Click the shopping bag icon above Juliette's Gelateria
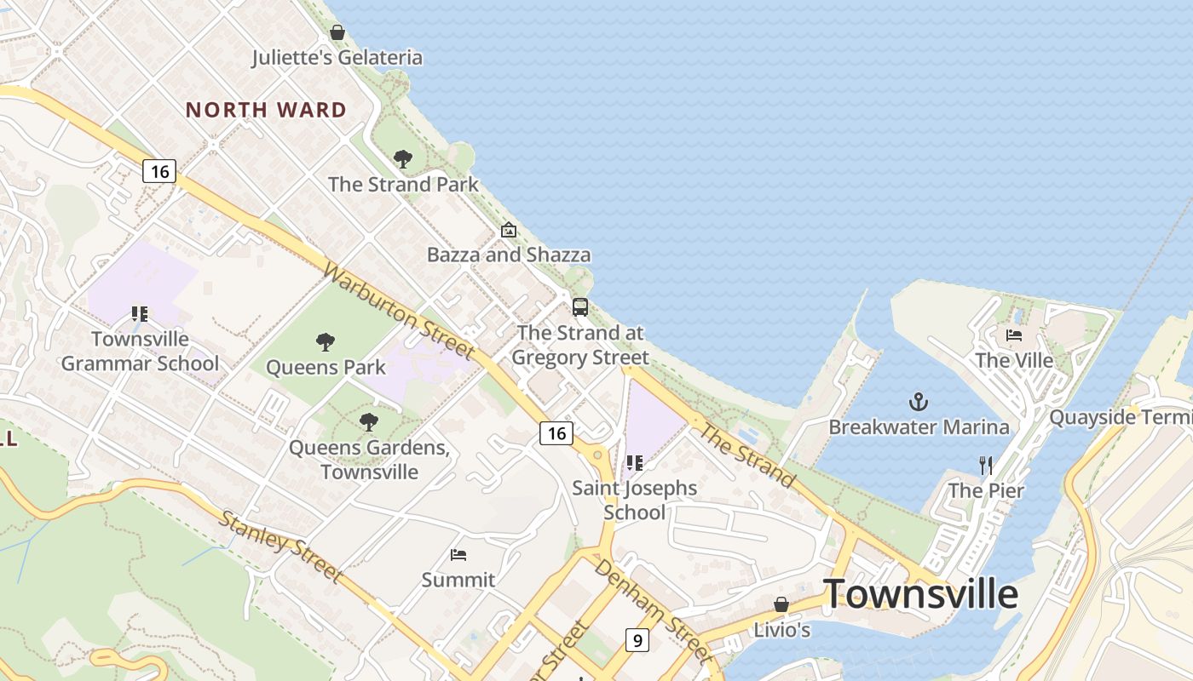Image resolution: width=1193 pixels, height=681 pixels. pos(337,33)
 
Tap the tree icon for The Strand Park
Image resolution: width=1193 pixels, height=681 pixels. pos(403,159)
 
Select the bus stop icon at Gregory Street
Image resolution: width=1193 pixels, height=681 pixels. pos(580,307)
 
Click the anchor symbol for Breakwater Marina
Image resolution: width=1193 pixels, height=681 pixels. pos(919,402)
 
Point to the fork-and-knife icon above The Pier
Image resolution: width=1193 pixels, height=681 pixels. pos(986,466)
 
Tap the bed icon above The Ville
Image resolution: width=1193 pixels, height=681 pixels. pos(1014,335)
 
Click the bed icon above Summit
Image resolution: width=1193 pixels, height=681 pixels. pos(458,556)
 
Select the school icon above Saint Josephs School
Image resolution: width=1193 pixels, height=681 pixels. pos(634,463)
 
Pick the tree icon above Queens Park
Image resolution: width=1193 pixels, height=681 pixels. pos(325,342)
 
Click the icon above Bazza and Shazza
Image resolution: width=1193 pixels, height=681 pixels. pos(509,230)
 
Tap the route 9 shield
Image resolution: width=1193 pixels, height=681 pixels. pos(637,639)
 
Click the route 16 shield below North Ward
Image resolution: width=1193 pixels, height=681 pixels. pos(159,171)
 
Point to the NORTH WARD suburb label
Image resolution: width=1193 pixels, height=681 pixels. pos(266,110)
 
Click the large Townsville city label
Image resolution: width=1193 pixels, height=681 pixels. pos(920,593)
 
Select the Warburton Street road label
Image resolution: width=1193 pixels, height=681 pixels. pos(399,311)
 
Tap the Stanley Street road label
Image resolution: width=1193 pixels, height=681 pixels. pos(280,547)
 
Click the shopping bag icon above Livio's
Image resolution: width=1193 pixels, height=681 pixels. pos(781,604)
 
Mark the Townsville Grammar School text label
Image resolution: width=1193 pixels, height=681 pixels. pos(141,351)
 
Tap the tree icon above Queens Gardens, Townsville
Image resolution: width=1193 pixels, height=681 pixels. pos(368,421)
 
